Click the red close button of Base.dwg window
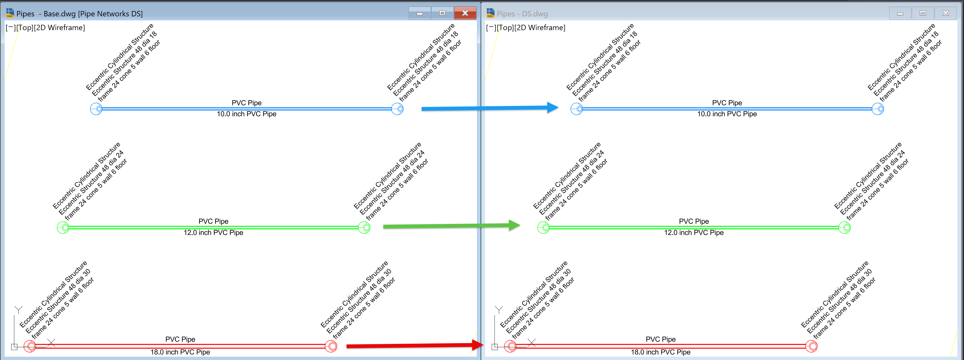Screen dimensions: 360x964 click(x=465, y=13)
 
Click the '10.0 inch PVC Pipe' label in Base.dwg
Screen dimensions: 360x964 click(x=247, y=114)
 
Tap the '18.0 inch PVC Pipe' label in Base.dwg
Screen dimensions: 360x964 click(x=180, y=352)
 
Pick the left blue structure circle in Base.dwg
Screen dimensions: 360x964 click(x=97, y=109)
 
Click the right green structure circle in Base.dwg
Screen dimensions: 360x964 click(x=364, y=227)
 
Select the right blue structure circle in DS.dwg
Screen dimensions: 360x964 click(x=878, y=109)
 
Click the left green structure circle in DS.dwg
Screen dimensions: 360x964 click(x=543, y=227)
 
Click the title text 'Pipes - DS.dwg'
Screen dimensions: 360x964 click(x=522, y=14)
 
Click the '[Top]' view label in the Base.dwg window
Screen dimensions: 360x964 click(x=25, y=28)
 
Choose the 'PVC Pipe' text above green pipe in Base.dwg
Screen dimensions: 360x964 click(x=213, y=221)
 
